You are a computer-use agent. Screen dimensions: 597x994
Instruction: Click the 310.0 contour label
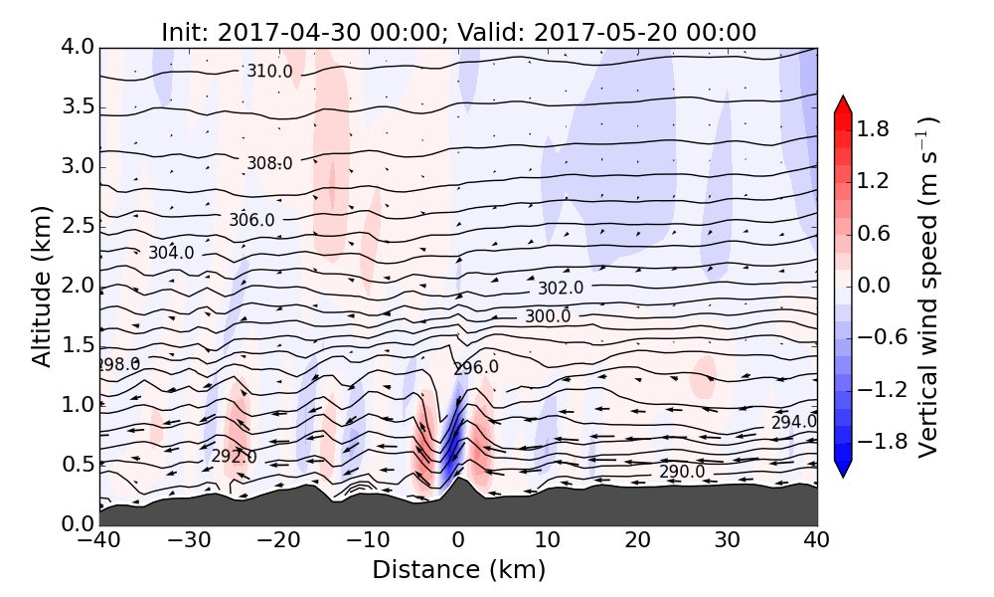click(x=270, y=72)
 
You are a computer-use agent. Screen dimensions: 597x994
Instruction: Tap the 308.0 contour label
click(x=269, y=163)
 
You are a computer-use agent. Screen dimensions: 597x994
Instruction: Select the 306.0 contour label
click(x=251, y=220)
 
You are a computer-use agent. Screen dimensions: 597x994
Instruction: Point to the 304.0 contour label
click(x=171, y=253)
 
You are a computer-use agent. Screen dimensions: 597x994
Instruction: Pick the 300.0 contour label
click(x=548, y=316)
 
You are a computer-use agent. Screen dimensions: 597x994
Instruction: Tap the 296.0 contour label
click(x=476, y=368)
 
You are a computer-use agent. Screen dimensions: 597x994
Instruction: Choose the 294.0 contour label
click(x=794, y=422)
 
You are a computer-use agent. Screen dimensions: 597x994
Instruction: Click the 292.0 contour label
click(x=234, y=457)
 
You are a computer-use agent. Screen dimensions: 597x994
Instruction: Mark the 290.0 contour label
click(x=682, y=471)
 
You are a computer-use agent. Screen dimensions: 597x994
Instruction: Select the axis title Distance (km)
click(x=458, y=570)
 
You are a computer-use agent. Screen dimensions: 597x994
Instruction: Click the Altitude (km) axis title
click(x=41, y=286)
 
